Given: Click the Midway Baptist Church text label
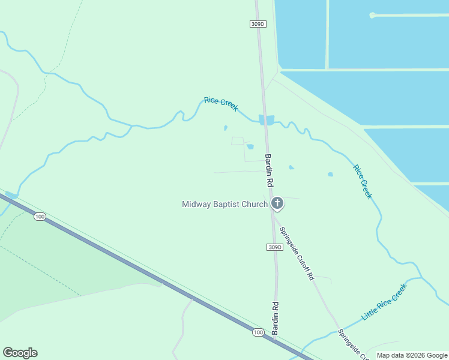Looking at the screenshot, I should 224,205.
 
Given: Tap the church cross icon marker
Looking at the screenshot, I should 277,203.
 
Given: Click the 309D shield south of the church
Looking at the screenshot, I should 273,247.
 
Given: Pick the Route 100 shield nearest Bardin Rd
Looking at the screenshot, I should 258,332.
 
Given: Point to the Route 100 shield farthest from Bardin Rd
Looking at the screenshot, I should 40,216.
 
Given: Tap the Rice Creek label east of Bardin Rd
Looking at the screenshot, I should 363,182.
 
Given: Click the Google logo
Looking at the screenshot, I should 20,353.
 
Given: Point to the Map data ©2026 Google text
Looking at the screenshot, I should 412,355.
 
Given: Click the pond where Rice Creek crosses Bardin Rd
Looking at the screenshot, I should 267,120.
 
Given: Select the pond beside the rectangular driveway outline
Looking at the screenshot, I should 250,147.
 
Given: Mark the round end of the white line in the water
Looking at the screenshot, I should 372,15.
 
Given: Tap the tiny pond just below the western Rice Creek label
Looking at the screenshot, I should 226,128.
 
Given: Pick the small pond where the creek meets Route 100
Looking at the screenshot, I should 10,195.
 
